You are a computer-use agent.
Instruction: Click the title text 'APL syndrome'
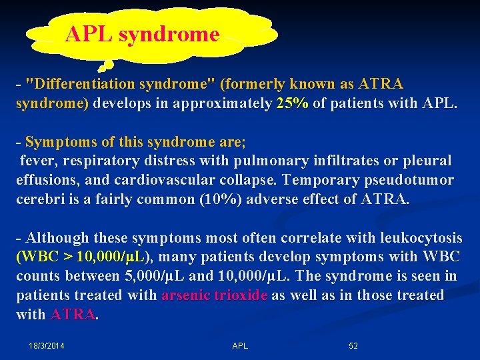pyautogui.click(x=142, y=34)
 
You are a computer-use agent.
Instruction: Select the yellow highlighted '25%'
pyautogui.click(x=292, y=104)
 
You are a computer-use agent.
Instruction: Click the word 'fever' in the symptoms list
pyautogui.click(x=37, y=161)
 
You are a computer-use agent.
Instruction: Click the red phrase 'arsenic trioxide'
pyautogui.click(x=214, y=295)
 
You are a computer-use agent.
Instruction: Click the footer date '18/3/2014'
pyautogui.click(x=47, y=346)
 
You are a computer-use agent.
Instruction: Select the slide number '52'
pyautogui.click(x=353, y=346)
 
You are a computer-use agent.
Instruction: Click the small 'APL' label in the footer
pyautogui.click(x=240, y=346)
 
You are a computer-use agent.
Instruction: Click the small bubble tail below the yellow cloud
pyautogui.click(x=104, y=65)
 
